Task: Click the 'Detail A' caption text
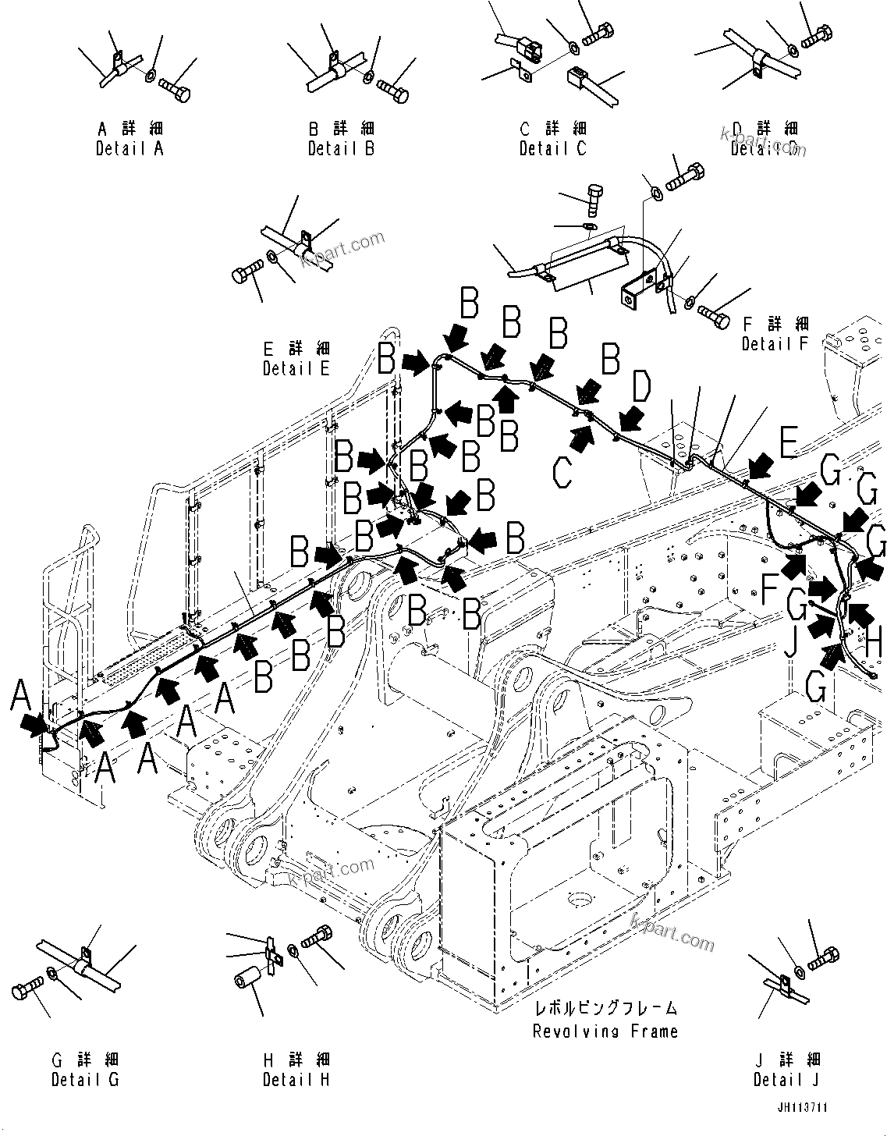click(130, 148)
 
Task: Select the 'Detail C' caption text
click(552, 148)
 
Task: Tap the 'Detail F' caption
click(775, 343)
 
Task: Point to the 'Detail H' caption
click(296, 1080)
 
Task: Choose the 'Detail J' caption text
click(786, 1080)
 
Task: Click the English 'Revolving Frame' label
click(605, 1031)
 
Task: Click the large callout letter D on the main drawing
click(640, 388)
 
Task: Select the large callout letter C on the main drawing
click(562, 470)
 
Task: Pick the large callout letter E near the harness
click(788, 444)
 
